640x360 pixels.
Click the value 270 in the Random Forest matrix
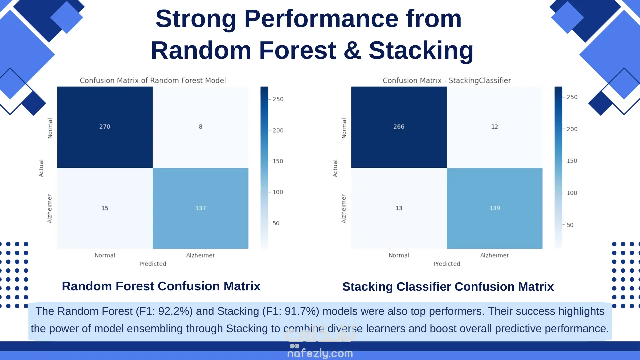(105, 127)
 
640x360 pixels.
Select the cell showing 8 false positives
(201, 127)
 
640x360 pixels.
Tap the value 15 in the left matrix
(105, 208)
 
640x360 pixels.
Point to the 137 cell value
(201, 208)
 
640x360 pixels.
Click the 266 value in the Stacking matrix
(399, 127)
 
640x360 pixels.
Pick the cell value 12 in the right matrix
(495, 127)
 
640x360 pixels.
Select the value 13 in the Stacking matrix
(399, 208)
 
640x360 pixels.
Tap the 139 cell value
(495, 208)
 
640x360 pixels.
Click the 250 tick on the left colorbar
(278, 99)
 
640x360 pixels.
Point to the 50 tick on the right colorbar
(570, 225)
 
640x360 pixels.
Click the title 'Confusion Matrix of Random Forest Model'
(153, 80)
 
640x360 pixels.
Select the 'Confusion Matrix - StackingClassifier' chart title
(447, 80)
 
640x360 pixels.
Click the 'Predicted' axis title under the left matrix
(153, 264)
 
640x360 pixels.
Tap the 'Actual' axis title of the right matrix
(335, 168)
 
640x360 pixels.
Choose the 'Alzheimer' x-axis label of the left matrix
(200, 255)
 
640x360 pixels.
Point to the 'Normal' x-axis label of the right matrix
(399, 255)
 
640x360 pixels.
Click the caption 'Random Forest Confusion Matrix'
(161, 286)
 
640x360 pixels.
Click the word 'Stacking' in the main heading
(421, 50)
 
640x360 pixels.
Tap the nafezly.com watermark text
(320, 353)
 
